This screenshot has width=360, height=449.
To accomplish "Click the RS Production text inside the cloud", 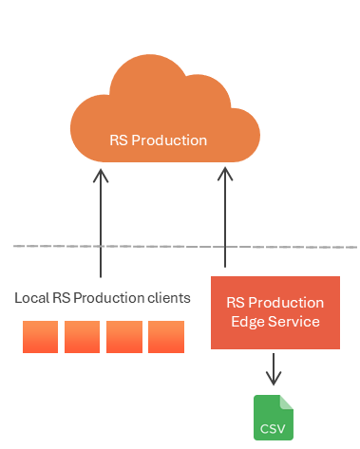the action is click(x=158, y=140).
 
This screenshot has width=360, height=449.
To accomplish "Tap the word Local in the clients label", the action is click(x=32, y=298).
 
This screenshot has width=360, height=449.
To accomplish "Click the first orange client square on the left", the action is click(x=40, y=337).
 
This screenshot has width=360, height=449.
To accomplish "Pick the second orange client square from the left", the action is click(x=82, y=337).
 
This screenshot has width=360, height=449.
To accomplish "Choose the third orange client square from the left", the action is click(x=124, y=337).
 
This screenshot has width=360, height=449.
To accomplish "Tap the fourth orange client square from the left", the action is click(x=166, y=337).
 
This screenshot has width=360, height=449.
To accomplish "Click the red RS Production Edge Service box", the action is click(x=275, y=312).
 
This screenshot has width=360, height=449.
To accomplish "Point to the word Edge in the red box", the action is click(x=248, y=323).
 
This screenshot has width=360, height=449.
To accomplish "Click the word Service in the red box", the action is click(x=294, y=322).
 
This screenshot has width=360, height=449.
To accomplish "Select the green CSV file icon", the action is click(x=274, y=418).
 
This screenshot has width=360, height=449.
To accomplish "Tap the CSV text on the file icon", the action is click(x=273, y=429).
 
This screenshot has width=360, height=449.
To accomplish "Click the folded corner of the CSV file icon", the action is click(x=287, y=402).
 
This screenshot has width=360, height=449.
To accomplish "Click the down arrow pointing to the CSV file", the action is click(x=274, y=369).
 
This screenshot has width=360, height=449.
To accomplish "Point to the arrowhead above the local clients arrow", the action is click(x=101, y=176).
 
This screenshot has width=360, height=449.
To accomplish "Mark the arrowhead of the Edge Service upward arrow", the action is click(x=225, y=174).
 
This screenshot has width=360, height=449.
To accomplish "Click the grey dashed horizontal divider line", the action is click(x=185, y=247).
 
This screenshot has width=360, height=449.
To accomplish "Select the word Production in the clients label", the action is click(x=109, y=298).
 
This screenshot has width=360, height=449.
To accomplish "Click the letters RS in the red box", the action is click(x=236, y=303).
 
